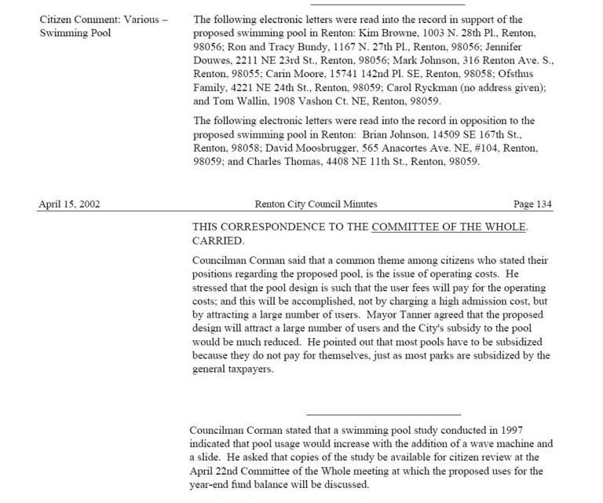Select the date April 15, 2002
[x=69, y=204]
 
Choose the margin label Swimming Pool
[x=75, y=33]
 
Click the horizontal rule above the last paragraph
[x=382, y=413]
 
